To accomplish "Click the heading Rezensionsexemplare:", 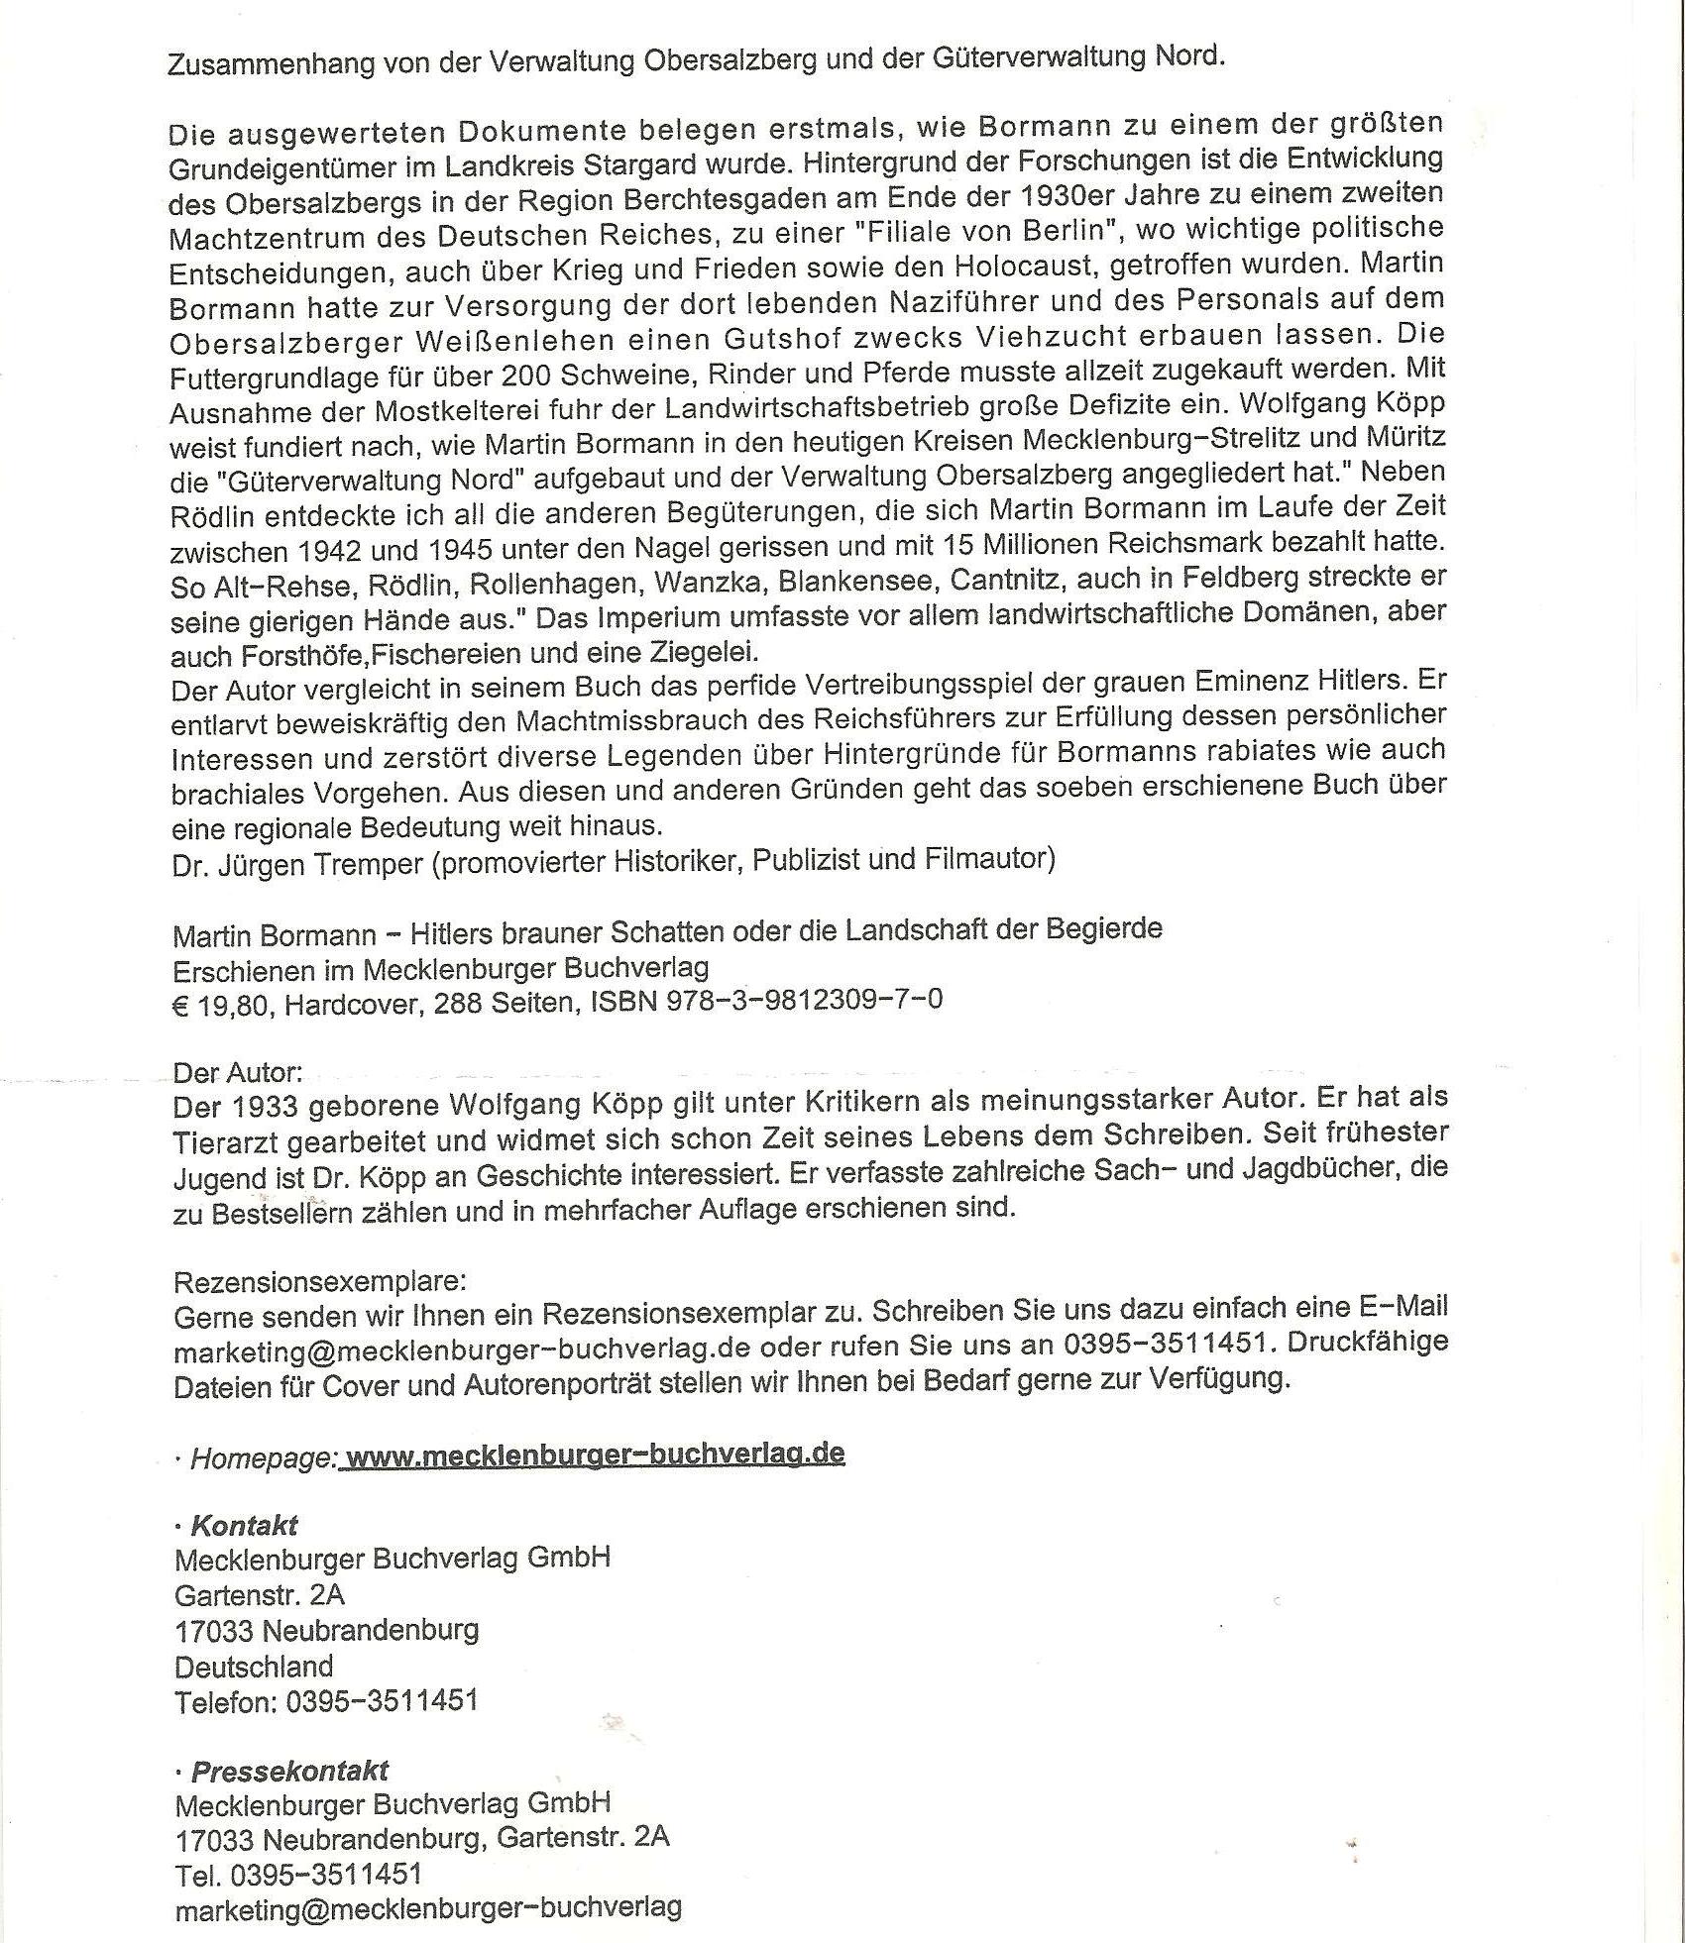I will coord(319,1282).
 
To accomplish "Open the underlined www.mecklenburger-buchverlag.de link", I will coord(596,1454).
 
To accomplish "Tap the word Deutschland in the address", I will coord(254,1666).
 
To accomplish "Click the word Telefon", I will coord(224,1701).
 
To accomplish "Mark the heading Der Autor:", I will coord(237,1072).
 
